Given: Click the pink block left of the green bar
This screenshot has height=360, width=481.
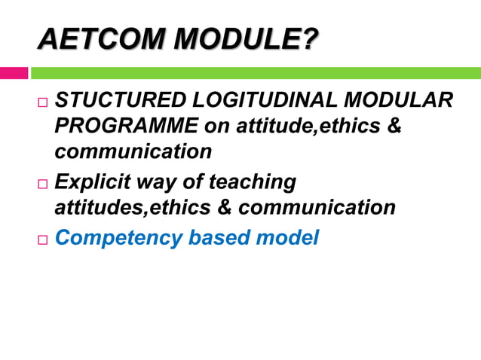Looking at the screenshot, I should (14, 73).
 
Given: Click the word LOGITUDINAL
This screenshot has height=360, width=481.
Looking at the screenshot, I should (264, 102).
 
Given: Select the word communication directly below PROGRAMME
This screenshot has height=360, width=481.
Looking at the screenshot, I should (133, 151).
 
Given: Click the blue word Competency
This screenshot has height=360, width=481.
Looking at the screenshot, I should (118, 238).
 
